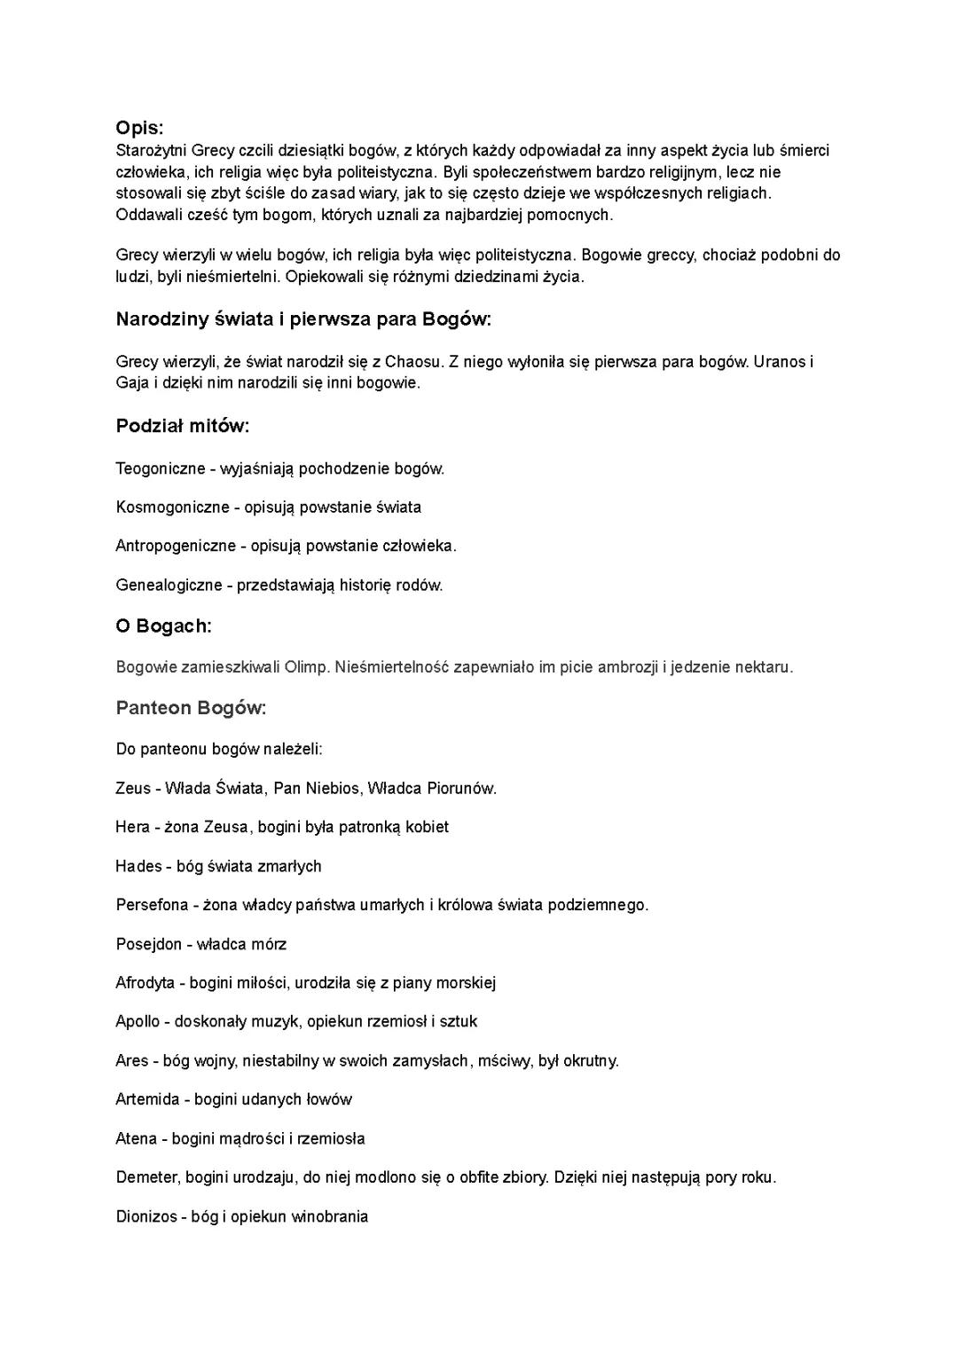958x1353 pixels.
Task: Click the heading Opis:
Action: tap(139, 128)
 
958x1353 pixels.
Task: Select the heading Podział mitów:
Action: tap(183, 426)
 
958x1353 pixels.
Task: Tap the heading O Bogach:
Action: tap(164, 625)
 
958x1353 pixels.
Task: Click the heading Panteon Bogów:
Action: tap(191, 707)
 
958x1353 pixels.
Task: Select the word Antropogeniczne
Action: tap(176, 546)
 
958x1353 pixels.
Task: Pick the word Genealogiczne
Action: tap(169, 585)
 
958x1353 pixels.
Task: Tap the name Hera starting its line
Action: tap(132, 827)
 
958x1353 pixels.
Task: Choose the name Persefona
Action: tap(152, 905)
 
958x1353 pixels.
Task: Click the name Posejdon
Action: tap(148, 944)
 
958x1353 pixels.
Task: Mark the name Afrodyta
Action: tap(145, 983)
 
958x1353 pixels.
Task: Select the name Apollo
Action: tap(137, 1021)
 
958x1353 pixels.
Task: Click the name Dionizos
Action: tap(147, 1216)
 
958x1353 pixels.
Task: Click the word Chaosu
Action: tap(412, 362)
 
